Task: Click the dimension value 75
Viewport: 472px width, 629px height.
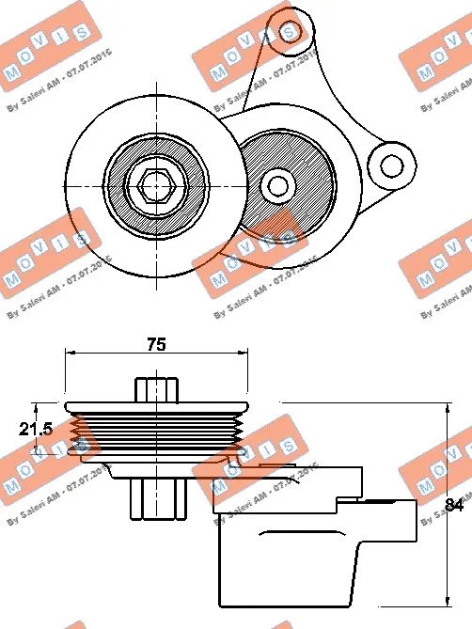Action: pyautogui.click(x=156, y=345)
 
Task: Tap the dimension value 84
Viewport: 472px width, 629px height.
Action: pyautogui.click(x=454, y=507)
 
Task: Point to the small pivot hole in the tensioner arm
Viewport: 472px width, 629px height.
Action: pyautogui.click(x=277, y=183)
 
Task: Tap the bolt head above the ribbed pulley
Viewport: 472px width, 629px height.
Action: pyautogui.click(x=156, y=388)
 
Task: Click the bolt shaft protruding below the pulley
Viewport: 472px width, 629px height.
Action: pyautogui.click(x=157, y=496)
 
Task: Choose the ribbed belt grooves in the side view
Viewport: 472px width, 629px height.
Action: pyautogui.click(x=155, y=433)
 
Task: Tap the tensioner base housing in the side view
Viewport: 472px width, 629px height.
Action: pyautogui.click(x=291, y=564)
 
